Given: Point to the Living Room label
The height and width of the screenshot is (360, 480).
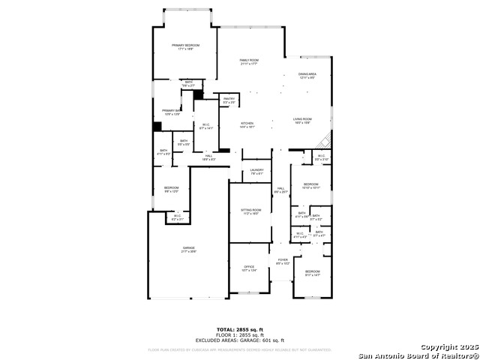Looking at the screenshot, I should (302, 121).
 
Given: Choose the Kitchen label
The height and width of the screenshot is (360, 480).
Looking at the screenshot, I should (247, 125).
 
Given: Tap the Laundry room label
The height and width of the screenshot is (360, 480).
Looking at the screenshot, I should (256, 172).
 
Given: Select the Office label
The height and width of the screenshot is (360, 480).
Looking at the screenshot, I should (249, 268).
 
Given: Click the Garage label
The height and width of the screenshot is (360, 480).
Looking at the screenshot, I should (188, 250).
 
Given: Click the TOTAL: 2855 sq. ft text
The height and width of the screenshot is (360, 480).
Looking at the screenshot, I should (239, 329).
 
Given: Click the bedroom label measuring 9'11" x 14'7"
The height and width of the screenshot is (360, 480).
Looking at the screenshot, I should (312, 273).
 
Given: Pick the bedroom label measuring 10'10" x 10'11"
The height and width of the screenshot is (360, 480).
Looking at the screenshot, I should (311, 185).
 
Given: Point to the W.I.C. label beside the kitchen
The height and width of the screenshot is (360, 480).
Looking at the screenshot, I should (207, 127).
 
